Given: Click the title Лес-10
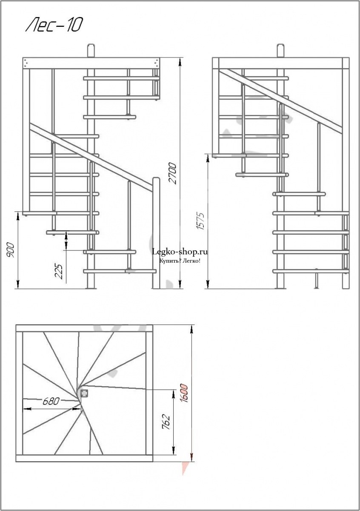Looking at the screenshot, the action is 54,25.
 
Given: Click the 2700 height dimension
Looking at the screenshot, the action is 173,173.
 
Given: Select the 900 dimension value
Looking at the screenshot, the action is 11,250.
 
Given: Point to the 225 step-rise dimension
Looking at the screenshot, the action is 58,272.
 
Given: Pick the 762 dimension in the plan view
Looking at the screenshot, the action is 167,422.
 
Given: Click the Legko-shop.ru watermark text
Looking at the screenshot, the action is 180,252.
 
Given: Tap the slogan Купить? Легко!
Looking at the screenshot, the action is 180,261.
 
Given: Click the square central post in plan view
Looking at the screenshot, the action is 84,393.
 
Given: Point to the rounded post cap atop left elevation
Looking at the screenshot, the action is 91,50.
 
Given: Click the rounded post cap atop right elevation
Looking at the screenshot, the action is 281,50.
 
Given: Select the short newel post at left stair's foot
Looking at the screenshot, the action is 156,233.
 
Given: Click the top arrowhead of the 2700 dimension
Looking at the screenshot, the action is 180,61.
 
